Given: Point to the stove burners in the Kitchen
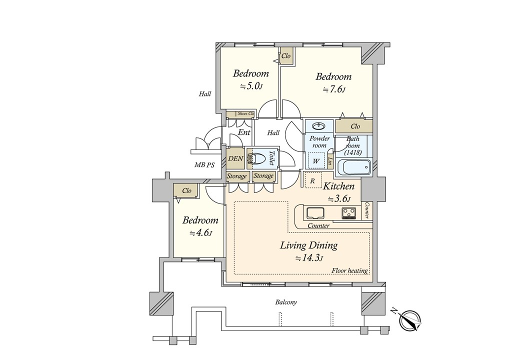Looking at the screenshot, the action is click(348, 212).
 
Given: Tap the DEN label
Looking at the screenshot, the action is click(236, 158).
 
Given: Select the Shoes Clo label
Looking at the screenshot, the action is click(245, 113).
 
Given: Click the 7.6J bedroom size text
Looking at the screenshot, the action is click(334, 90).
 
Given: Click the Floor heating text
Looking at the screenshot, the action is click(349, 271).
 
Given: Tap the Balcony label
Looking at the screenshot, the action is click(286, 302).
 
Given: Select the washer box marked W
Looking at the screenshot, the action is click(316, 160).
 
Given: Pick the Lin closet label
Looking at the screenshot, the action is click(330, 161).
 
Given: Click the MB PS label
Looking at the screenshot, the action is click(204, 165).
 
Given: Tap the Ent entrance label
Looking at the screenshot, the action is click(244, 132).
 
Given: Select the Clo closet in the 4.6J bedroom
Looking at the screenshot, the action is click(186, 191).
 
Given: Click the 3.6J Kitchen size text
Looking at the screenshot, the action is click(339, 199).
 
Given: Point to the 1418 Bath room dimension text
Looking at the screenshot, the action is click(353, 152).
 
